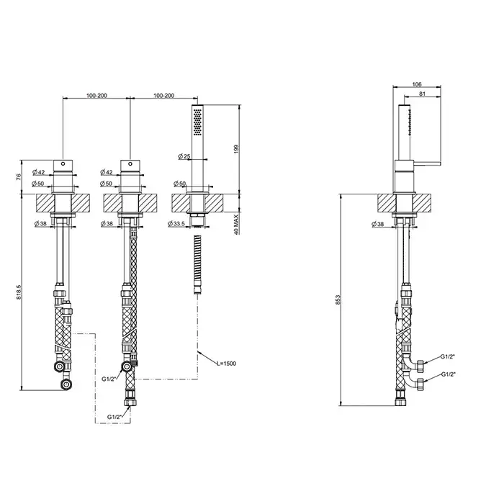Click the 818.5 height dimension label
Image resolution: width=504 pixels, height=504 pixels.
(x=18, y=292)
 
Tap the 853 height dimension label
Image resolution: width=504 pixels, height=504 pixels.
(x=338, y=300)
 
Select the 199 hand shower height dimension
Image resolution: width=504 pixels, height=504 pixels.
(x=237, y=149)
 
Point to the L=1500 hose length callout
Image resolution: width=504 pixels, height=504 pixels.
(x=226, y=364)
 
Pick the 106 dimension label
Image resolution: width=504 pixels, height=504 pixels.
(x=417, y=84)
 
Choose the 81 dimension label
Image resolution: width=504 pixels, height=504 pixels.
(x=423, y=94)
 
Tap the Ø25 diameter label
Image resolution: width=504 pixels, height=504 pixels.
(x=184, y=156)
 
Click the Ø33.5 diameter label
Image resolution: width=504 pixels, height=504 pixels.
(x=176, y=223)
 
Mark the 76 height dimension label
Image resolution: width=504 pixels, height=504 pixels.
(x=18, y=176)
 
